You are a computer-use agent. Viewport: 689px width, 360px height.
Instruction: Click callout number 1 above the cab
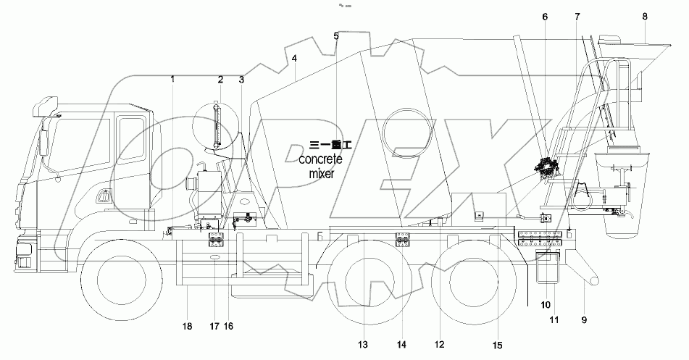point(173,78)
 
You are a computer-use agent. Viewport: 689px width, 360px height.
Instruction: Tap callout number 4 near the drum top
point(294,58)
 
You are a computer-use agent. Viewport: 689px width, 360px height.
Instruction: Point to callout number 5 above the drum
point(336,36)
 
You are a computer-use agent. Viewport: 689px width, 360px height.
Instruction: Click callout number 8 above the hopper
point(644,16)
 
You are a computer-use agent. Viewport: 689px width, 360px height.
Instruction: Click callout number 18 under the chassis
point(187,327)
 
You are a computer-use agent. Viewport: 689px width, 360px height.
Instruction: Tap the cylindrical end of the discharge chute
point(591,276)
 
